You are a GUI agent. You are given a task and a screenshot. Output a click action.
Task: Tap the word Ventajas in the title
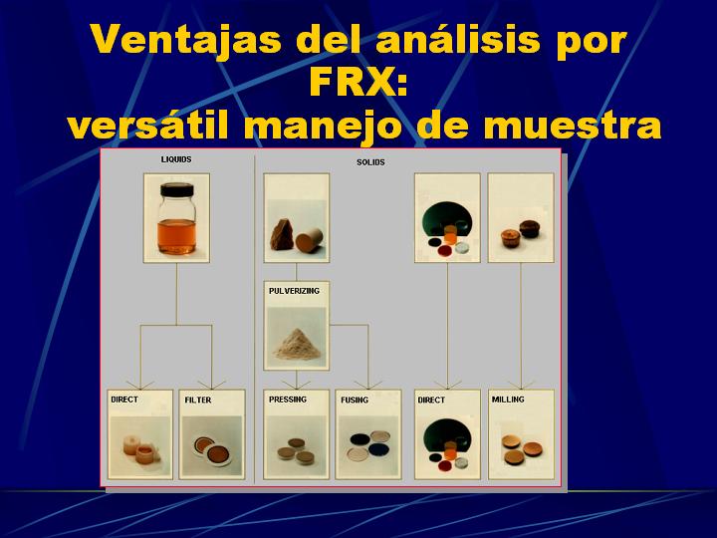click(x=186, y=40)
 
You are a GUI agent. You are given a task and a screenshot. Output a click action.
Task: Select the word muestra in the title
click(x=572, y=126)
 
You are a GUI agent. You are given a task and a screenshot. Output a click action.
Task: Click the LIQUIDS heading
click(x=176, y=159)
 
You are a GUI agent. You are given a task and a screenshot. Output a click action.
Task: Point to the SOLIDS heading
click(x=370, y=162)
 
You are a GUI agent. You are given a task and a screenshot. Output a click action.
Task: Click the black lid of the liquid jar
click(x=176, y=189)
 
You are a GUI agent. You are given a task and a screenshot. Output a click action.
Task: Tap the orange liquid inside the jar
click(x=177, y=235)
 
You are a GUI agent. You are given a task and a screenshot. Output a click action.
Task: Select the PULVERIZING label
click(x=294, y=291)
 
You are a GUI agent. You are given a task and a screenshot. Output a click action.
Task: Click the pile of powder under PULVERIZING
click(x=297, y=344)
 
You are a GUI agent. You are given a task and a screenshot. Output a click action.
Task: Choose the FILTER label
click(x=198, y=400)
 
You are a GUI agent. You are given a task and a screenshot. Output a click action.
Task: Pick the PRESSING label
click(x=288, y=400)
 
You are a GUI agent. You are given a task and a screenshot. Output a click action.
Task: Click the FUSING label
click(x=355, y=400)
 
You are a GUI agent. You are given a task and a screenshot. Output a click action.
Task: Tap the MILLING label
click(x=508, y=400)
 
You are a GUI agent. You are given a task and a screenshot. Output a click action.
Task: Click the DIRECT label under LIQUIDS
click(x=124, y=400)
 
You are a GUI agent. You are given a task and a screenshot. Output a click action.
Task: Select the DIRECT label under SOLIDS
click(x=431, y=400)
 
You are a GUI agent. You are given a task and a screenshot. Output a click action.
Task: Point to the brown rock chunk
click(x=284, y=234)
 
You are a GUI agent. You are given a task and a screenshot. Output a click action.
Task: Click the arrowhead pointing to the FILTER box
click(x=212, y=386)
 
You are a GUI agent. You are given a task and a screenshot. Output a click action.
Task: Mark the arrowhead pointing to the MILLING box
click(x=521, y=386)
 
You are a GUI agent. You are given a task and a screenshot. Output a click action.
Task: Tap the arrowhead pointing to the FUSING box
click(x=368, y=386)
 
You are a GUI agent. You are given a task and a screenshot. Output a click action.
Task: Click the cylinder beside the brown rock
click(x=309, y=240)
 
